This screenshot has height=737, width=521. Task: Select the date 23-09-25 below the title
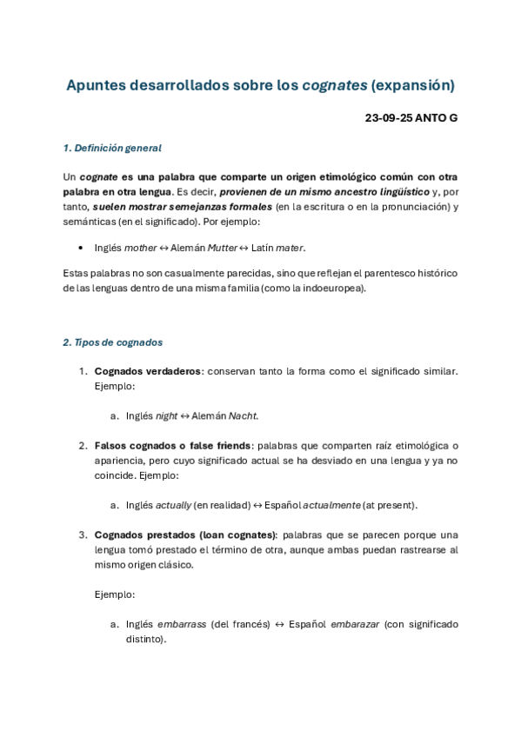(389, 117)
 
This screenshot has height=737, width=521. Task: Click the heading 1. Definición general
(112, 148)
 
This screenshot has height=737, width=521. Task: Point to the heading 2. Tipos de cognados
(112, 342)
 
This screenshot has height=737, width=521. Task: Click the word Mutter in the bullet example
(223, 248)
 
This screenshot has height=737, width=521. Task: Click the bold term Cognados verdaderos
(147, 371)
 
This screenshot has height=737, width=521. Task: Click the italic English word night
(166, 415)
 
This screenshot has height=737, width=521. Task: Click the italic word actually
(173, 505)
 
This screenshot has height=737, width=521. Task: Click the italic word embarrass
(182, 624)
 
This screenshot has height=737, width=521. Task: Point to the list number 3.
(83, 535)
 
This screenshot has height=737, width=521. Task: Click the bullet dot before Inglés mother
(81, 249)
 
